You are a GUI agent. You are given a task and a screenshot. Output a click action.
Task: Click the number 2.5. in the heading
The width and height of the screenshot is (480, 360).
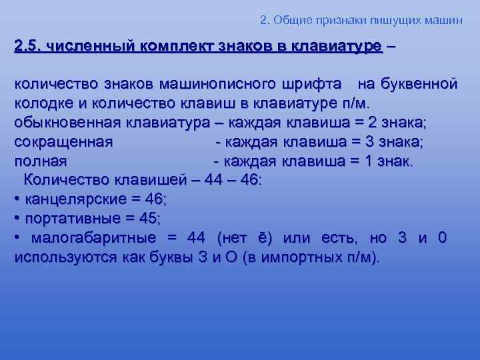[x=27, y=47]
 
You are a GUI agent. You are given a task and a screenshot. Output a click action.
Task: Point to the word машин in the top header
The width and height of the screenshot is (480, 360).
[x=443, y=19]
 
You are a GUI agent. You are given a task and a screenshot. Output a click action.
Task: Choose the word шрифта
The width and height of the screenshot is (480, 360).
[x=315, y=85]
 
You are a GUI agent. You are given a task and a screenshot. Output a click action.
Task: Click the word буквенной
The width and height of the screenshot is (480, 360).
[x=418, y=85]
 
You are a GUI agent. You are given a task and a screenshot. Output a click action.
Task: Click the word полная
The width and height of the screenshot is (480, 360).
[x=40, y=161]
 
